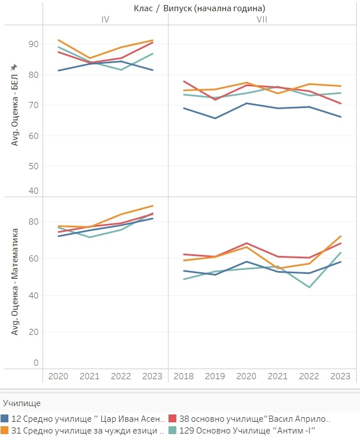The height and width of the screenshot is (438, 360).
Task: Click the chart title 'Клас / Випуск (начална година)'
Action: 199,8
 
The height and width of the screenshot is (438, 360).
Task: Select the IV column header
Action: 105,20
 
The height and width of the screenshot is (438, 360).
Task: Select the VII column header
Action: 261,20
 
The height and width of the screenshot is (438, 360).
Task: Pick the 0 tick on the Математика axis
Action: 36,363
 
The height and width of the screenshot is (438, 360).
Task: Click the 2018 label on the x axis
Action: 184,376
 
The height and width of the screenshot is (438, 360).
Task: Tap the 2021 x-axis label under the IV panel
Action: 90,376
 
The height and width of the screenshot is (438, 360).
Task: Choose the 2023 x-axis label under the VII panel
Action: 340,376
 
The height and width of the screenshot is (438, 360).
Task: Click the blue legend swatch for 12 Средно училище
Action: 5,418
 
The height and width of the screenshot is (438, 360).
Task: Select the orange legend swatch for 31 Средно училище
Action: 5,430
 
